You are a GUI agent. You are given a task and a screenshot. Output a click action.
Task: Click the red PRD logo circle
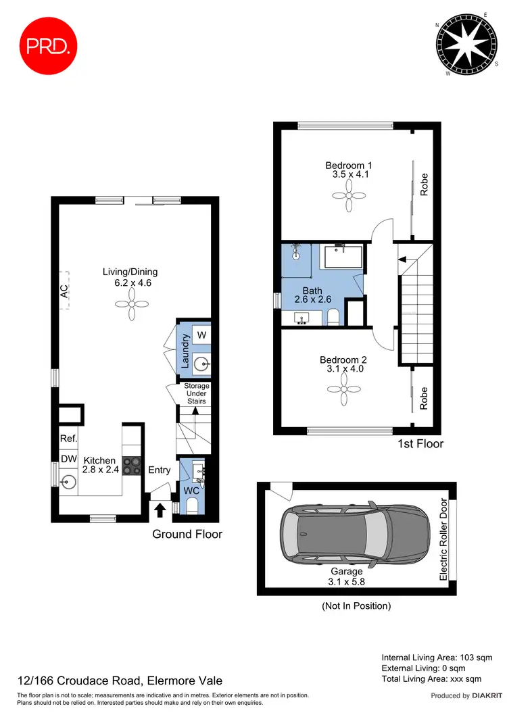[45, 45]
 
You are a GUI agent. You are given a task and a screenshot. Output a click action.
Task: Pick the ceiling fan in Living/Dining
[130, 311]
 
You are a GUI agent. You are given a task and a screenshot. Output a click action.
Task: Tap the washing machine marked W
[201, 335]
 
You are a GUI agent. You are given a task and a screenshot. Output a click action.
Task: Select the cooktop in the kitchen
[130, 466]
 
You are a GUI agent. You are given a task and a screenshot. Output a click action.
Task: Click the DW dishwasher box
[68, 460]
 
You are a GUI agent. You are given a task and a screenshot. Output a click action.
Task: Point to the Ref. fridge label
[68, 439]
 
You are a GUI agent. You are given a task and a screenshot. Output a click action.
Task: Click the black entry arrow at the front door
[160, 508]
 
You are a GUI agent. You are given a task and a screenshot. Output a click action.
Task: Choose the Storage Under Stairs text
[197, 393]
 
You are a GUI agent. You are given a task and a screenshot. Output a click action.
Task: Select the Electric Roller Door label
[443, 539]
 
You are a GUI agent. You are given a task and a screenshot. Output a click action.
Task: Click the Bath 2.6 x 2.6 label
[312, 295]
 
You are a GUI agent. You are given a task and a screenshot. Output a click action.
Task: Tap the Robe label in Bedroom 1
[425, 184]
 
